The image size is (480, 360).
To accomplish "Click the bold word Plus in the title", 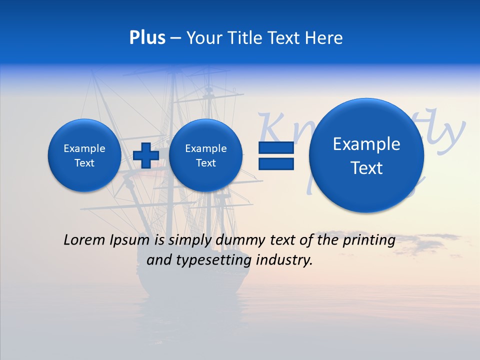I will [147, 38].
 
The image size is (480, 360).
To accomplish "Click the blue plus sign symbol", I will [146, 155].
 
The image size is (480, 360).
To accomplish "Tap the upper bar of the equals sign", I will [276, 147].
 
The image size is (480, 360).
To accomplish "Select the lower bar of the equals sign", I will [276, 163].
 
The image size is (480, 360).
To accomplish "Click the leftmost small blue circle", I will [84, 155].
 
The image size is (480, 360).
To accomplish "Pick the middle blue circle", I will [205, 155].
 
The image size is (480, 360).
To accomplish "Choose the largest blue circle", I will [366, 155].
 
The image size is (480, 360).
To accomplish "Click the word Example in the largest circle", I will [366, 144].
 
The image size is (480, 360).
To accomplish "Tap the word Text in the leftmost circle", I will [84, 163].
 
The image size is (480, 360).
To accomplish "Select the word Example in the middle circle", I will [205, 148].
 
